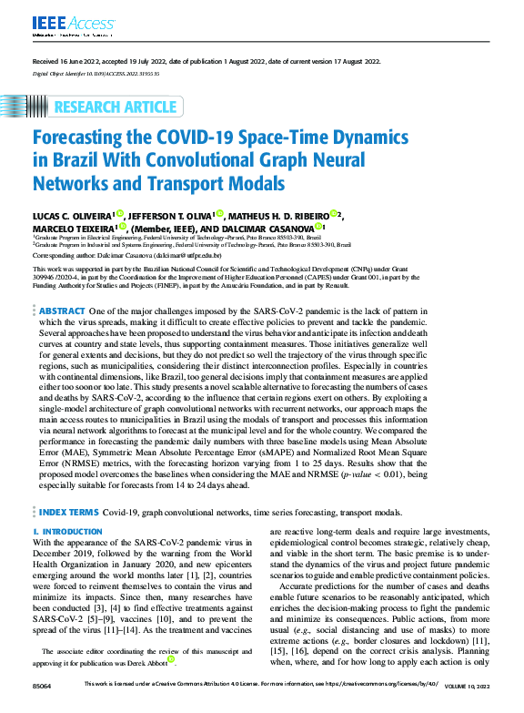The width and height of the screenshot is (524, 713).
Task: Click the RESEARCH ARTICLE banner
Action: (116, 107)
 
